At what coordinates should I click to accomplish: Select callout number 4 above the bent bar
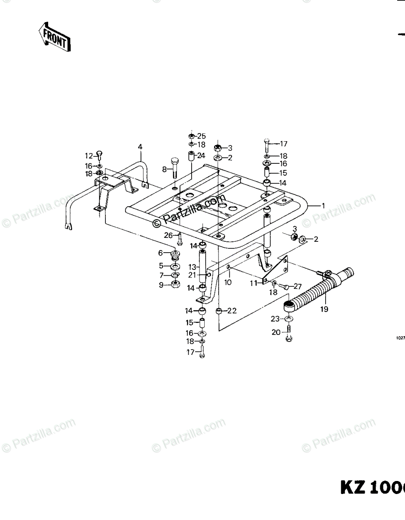tap(140, 147)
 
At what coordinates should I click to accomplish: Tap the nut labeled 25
tap(191, 136)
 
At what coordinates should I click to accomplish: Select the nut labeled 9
tap(176, 284)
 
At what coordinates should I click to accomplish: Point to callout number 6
tap(160, 253)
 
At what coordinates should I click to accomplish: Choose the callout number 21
tap(192, 275)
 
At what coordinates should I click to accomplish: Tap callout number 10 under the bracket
tap(228, 282)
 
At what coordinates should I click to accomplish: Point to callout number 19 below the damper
tap(324, 309)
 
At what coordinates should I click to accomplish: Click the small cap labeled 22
tap(219, 311)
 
